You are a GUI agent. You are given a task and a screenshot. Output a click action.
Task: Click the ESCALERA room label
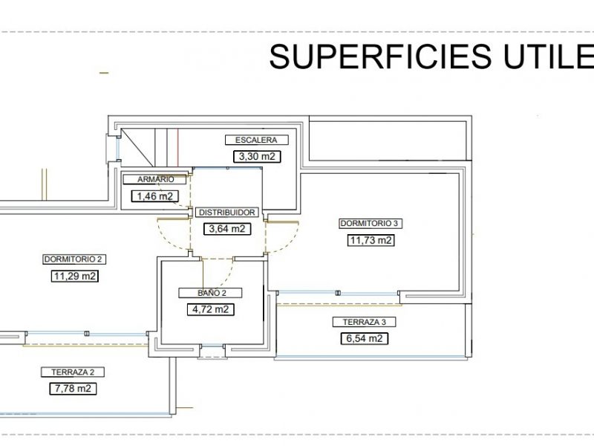(256, 140)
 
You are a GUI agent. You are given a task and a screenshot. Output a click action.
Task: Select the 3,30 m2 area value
(257, 156)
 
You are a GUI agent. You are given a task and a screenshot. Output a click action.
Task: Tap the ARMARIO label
(155, 179)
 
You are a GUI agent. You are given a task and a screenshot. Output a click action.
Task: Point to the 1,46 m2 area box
(155, 196)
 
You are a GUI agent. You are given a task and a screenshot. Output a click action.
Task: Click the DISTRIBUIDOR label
(227, 213)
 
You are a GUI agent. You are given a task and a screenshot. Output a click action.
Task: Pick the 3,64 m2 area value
(227, 229)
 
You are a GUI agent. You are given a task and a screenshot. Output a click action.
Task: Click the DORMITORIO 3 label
(369, 224)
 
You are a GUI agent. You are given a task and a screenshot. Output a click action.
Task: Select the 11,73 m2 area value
(371, 240)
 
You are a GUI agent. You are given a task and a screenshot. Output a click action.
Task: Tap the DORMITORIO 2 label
(74, 259)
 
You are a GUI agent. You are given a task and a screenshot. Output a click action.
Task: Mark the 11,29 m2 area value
(75, 276)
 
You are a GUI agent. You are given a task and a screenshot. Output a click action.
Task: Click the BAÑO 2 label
(210, 293)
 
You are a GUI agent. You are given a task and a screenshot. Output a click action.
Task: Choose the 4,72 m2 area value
(211, 309)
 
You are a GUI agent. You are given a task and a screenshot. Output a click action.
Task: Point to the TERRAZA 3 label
(365, 322)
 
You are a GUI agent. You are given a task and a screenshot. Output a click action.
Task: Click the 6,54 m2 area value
(365, 338)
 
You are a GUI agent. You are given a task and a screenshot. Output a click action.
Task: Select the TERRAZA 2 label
(73, 372)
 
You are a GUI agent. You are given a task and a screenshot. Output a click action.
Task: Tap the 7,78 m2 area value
(73, 389)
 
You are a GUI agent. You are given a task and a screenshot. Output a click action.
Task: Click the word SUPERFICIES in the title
(380, 56)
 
